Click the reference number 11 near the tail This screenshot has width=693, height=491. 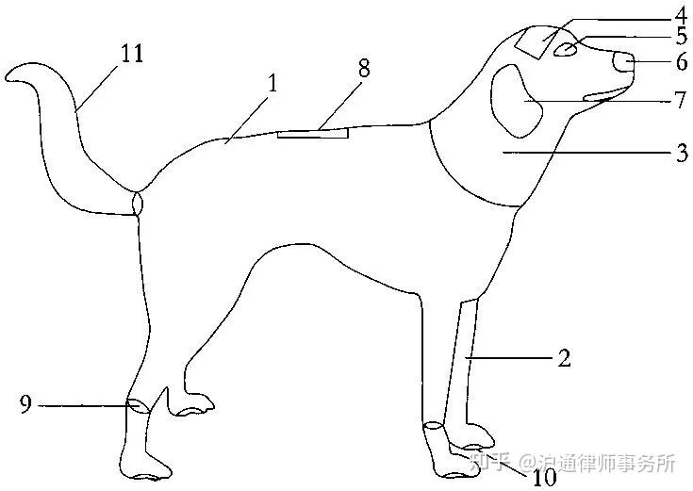132,53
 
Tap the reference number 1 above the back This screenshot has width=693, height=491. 272,82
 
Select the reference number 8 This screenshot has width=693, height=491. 364,69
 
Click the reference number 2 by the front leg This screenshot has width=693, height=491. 563,358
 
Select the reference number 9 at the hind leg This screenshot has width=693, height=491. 25,405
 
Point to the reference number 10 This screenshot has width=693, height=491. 545,478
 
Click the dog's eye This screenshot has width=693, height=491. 566,50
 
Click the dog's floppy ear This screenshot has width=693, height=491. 517,100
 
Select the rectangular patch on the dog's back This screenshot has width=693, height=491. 313,134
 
